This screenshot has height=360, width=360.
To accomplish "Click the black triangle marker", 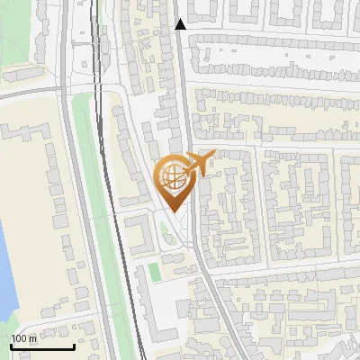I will pos(180,24).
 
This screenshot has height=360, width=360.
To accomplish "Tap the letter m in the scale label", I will pos(33,339).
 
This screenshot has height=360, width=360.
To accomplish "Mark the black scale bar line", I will pos(41,347).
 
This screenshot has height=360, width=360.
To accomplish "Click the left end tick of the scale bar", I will pos(10,346).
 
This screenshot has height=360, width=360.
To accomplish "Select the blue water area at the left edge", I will pos(5,270).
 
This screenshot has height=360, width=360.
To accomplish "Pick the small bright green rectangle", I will pos(154,271).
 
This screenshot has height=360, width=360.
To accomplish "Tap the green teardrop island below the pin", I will pos(163,235).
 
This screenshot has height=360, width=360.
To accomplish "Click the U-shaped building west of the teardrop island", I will pos(139,235).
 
